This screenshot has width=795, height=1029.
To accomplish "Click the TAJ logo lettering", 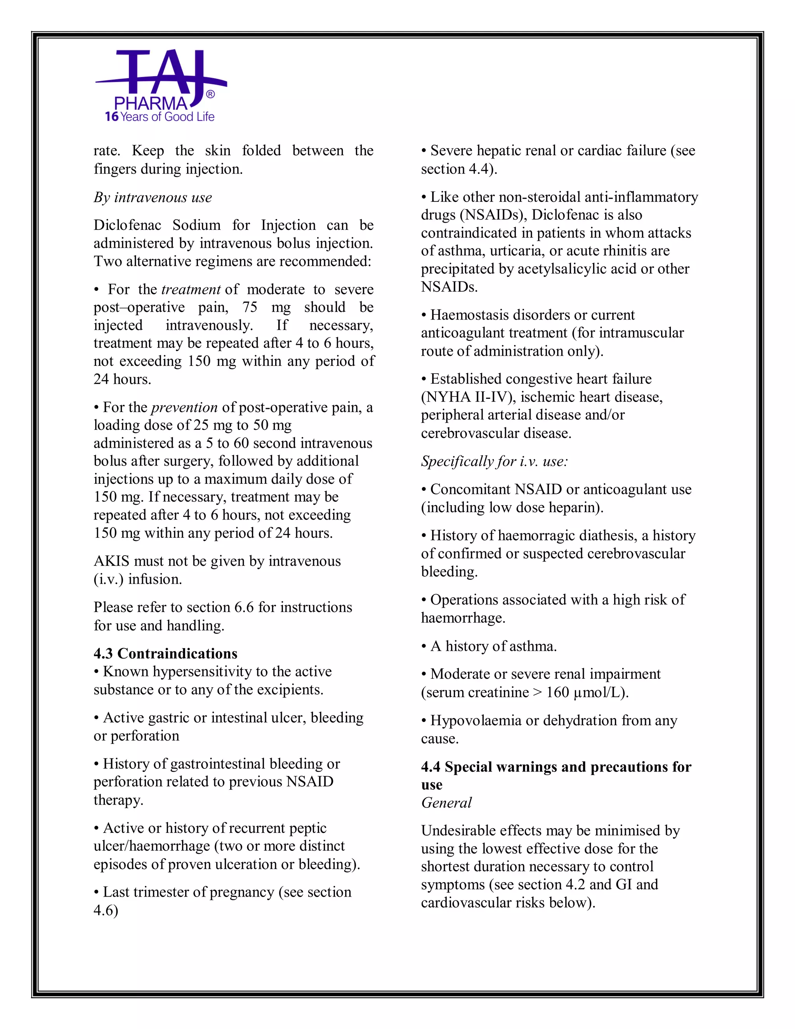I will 160,73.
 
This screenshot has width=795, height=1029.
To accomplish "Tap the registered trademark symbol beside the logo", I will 210,95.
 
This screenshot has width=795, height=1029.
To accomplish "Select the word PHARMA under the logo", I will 151,104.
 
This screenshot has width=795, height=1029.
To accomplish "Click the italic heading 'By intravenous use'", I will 153,197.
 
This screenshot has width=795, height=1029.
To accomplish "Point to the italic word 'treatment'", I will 191,289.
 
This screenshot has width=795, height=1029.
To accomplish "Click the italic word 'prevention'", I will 184,407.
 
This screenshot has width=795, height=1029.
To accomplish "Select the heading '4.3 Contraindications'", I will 165,654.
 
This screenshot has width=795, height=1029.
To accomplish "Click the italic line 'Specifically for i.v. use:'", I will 495,461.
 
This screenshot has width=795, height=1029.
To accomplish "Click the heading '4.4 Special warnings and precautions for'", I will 556,767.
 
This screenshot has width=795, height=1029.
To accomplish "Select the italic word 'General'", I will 446,803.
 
